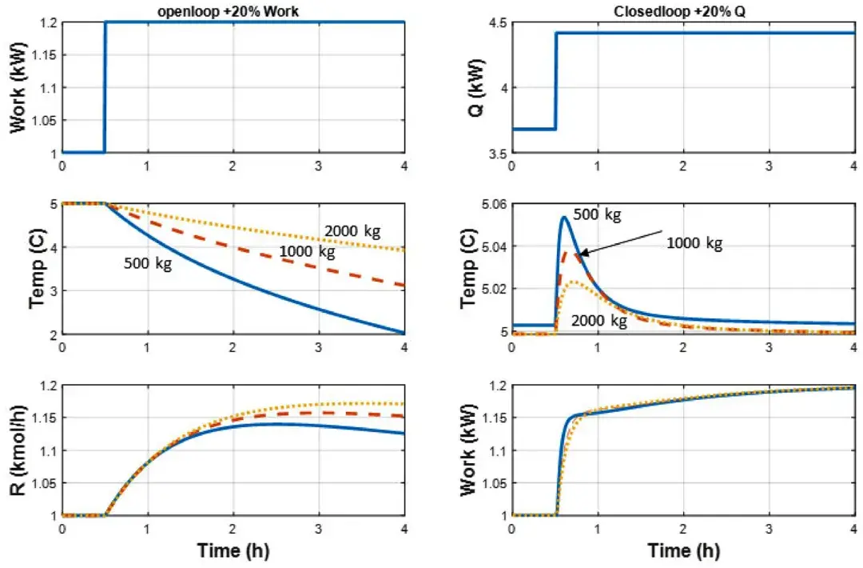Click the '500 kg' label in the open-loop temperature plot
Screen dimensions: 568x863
148,262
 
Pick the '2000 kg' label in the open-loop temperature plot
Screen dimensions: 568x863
352,232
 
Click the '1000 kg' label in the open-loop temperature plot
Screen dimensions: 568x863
308,254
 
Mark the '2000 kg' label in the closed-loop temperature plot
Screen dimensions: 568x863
599,322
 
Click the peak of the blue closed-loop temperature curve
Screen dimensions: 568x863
563,217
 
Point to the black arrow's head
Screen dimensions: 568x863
581,254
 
